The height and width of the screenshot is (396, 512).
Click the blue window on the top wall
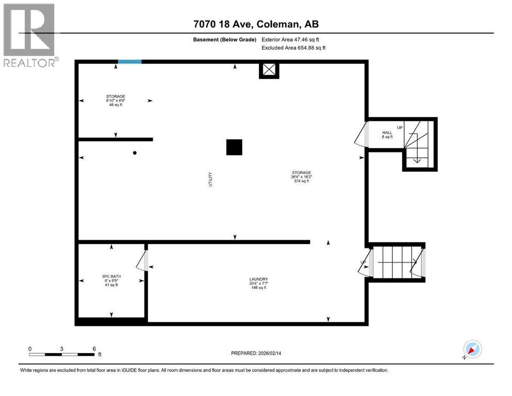pos(129,62)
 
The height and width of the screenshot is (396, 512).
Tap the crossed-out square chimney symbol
pos(268,70)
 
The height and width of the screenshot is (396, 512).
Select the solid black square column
pos(234,147)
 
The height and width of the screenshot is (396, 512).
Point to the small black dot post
pos(135,153)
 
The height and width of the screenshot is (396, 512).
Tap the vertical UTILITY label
pos(210,179)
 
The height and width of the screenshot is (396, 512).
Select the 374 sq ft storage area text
pos(301,181)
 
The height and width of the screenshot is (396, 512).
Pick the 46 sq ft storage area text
pos(115,104)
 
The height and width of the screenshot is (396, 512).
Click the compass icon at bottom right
pos(472,349)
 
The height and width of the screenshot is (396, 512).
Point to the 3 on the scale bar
pos(61,349)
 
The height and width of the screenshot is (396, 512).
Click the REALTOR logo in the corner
pos(30,35)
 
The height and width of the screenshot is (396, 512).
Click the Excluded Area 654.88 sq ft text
pos(293,48)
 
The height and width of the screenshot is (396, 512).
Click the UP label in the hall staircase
pos(400,128)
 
